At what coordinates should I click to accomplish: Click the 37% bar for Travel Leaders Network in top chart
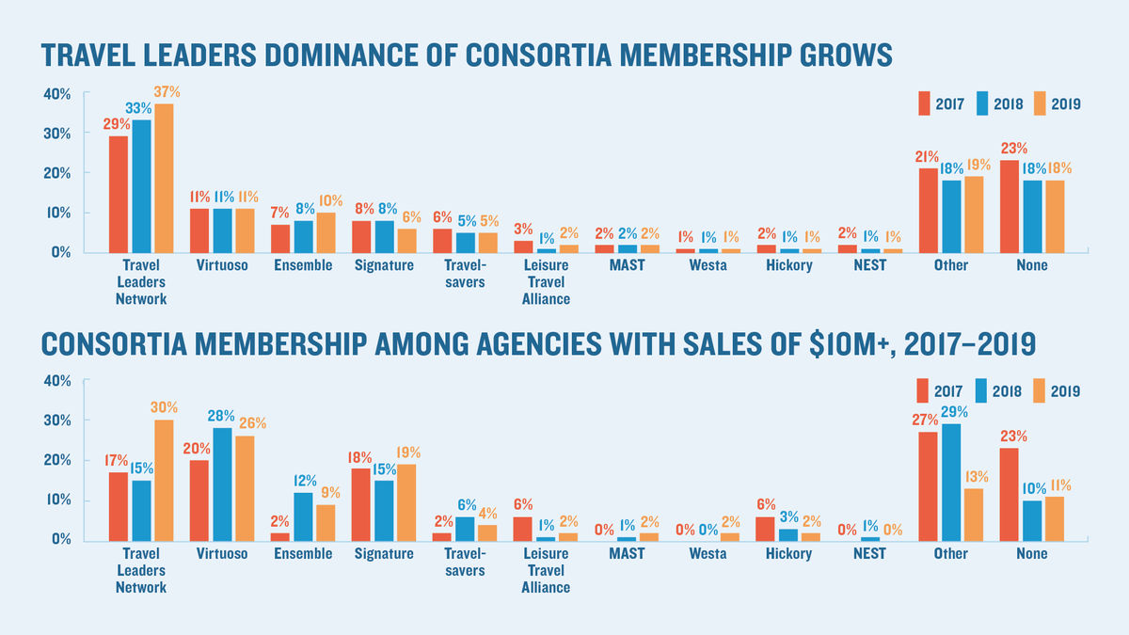click(164, 179)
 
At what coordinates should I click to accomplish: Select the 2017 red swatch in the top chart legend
click(925, 104)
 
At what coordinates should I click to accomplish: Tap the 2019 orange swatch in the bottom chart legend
click(1039, 391)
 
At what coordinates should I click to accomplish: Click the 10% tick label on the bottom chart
click(56, 500)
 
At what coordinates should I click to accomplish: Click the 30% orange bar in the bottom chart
click(164, 480)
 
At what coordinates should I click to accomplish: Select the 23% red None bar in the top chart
click(1009, 206)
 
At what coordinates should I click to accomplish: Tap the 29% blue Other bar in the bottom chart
click(950, 482)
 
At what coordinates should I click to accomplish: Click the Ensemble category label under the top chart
click(303, 266)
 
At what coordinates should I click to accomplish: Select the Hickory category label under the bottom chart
click(788, 554)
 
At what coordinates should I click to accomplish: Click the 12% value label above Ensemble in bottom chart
click(303, 480)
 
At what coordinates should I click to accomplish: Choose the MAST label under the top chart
click(627, 266)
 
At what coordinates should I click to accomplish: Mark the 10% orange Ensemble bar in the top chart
click(326, 232)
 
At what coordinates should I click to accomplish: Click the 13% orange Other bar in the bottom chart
click(973, 514)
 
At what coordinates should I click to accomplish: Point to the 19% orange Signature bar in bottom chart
click(406, 501)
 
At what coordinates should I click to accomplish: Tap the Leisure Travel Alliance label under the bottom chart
click(546, 570)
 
